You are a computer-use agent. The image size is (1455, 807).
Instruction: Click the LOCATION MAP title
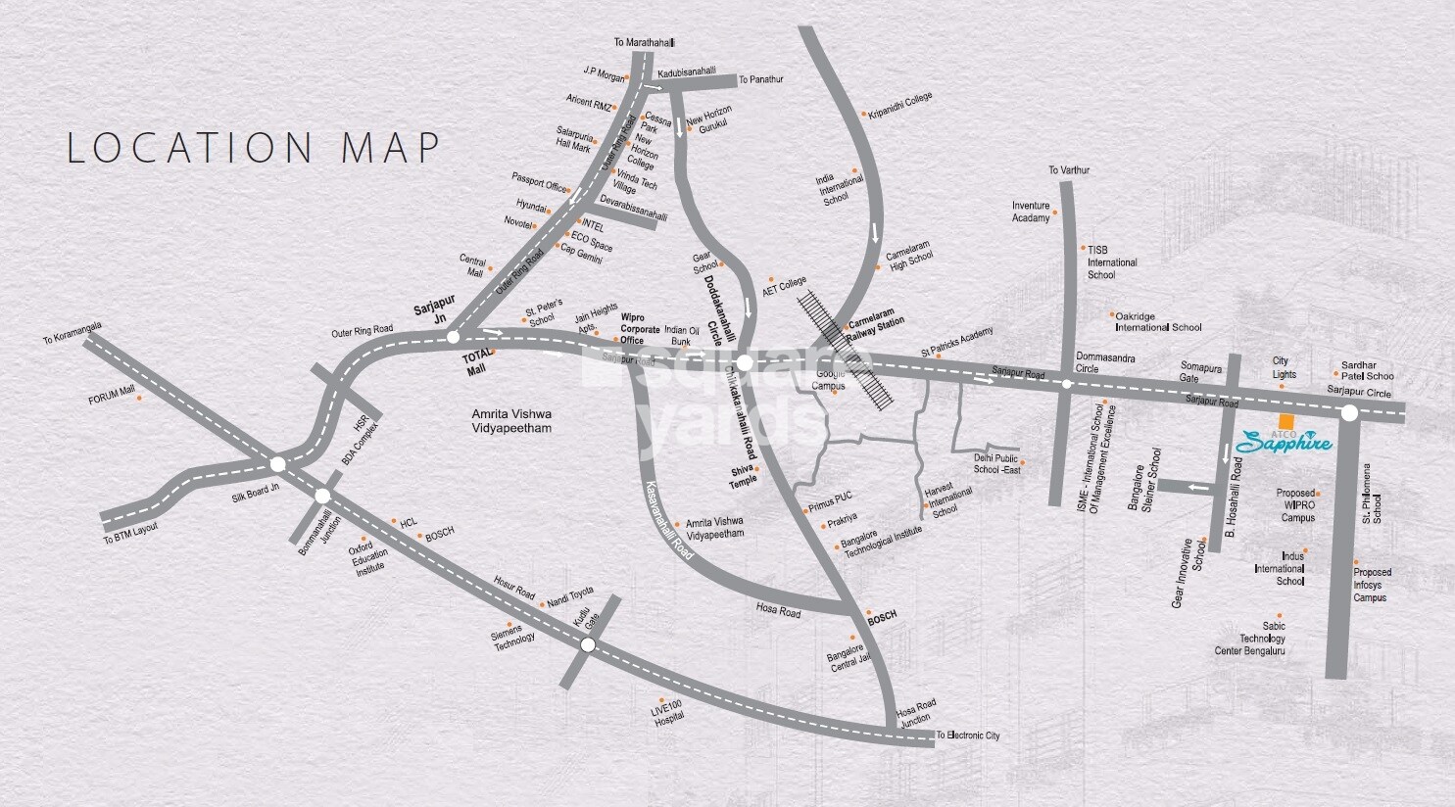254,148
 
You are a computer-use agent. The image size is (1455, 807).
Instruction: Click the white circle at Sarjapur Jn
453,337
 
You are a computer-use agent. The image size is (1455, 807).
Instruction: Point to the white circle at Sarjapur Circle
1349,413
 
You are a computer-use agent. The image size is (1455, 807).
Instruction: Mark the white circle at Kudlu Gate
588,644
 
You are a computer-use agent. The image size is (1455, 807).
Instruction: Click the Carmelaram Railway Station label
877,323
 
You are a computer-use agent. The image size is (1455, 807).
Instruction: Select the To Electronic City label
968,736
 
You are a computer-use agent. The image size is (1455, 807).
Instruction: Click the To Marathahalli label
645,43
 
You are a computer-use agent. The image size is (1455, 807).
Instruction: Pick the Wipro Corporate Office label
641,329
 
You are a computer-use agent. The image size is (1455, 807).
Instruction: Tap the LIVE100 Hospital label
668,712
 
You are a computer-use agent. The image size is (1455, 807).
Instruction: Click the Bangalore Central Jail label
848,656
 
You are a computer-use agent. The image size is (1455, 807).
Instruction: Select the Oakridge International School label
1159,322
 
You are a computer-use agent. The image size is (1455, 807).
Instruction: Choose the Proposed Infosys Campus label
1371,585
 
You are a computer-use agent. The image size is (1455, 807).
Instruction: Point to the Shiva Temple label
744,476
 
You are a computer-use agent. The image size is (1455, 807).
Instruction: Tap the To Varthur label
1069,170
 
